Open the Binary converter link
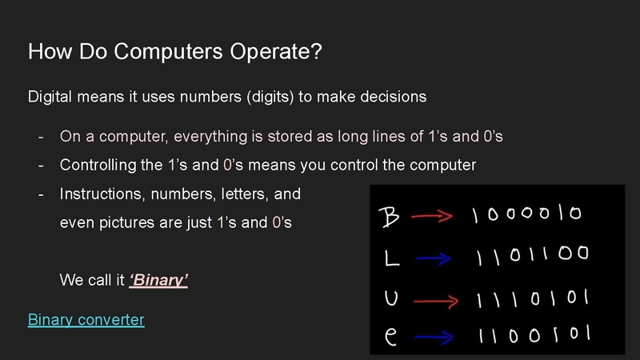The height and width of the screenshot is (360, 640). tap(86, 320)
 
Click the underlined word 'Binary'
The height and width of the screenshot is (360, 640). tap(158, 281)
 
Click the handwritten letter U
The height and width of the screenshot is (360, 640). tap(390, 298)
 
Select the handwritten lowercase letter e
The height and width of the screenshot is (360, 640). tap(390, 336)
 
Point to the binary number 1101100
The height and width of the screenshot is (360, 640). tap(532, 256)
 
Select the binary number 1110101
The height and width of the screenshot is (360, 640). tap(532, 299)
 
